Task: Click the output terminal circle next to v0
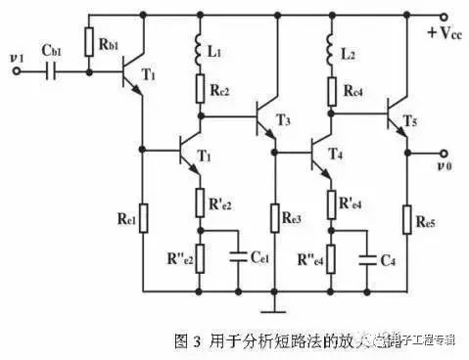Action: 442,153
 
